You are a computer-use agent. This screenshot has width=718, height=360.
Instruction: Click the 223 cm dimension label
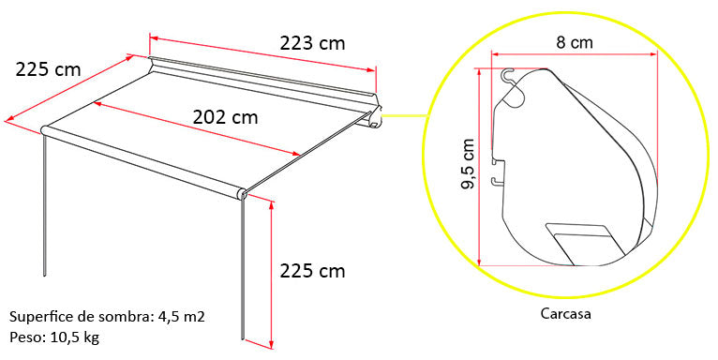[x=312, y=42]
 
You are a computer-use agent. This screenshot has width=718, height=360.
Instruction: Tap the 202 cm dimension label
[x=225, y=117]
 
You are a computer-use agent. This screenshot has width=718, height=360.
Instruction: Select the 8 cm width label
[x=574, y=43]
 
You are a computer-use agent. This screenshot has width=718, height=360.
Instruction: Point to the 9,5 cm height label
[x=470, y=166]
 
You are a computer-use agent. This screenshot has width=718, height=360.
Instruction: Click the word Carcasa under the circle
[x=565, y=314]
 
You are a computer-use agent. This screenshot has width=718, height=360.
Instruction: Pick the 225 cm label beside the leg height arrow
[x=312, y=271]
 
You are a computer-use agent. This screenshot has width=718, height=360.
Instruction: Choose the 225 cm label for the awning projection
[x=48, y=68]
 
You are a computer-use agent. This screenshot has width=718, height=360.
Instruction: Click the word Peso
[x=27, y=337]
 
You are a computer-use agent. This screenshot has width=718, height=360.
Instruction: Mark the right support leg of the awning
[x=244, y=272]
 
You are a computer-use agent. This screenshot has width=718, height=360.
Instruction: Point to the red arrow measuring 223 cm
[x=262, y=52]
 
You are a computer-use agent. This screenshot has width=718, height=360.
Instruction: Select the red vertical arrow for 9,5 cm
[x=479, y=166]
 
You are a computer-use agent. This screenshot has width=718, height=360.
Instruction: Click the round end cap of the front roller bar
[x=242, y=194]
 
